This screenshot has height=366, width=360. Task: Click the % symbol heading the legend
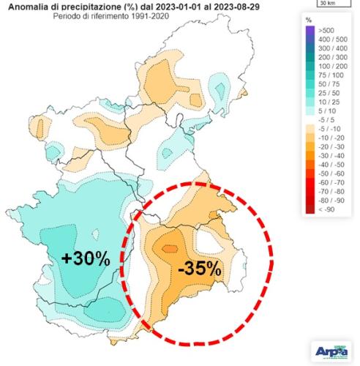pyautogui.click(x=310, y=18)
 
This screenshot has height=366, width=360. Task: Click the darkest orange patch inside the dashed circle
pyautogui.click(x=169, y=248)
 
